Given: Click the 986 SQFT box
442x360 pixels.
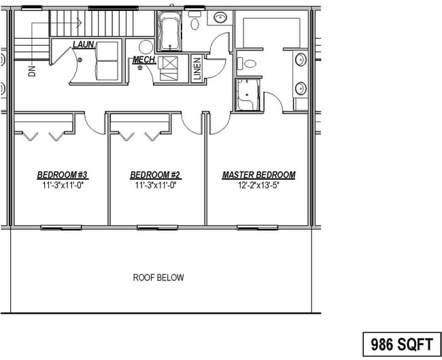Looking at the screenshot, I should click(401, 342).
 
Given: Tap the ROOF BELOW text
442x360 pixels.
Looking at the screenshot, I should click(158, 278).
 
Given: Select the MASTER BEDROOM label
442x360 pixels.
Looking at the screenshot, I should click(258, 175).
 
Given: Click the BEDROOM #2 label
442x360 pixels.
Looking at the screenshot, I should click(156, 175).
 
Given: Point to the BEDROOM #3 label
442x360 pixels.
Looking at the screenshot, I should click(63, 175).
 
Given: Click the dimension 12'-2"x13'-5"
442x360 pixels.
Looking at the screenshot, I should click(258, 184).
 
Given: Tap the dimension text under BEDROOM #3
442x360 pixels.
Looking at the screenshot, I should click(63, 184).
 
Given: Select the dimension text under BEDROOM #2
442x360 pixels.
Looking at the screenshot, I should click(156, 184).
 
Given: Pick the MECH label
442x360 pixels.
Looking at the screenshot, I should click(144, 61).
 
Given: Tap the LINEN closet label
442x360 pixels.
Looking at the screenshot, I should click(197, 69).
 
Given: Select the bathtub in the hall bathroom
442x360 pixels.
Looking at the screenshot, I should click(167, 32).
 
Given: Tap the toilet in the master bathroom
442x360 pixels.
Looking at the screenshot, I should click(250, 65).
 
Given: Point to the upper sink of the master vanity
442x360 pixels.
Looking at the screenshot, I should click(301, 60).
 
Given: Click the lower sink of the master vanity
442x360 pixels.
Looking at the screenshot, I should click(301, 87).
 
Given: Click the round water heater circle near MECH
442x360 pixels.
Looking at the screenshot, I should click(146, 46).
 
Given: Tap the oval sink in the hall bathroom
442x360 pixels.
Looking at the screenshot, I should click(220, 18).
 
